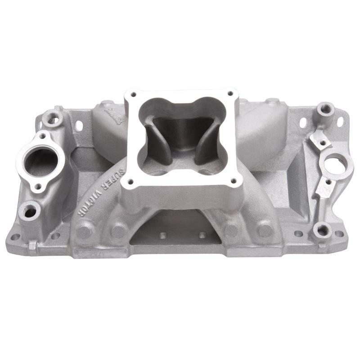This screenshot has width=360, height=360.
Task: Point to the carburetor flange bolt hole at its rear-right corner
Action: [x=230, y=93]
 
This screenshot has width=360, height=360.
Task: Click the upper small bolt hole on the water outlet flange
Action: [x=42, y=135]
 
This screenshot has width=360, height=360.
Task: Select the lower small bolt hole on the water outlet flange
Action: [x=38, y=186]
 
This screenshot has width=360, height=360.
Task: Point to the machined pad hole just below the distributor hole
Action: [x=328, y=182]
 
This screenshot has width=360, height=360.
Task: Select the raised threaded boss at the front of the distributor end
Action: [x=322, y=229]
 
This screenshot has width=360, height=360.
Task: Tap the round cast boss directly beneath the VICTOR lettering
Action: [x=84, y=230]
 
